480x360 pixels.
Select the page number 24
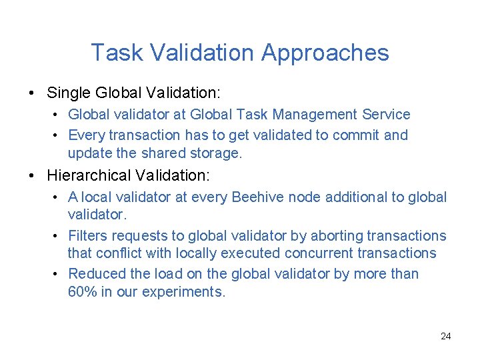445,336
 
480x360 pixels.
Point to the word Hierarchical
90,176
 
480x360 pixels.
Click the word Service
387,115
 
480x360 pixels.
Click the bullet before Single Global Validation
33,91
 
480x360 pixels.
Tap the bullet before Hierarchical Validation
33,176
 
